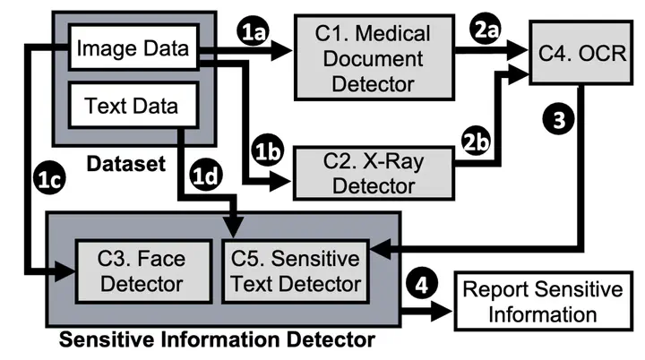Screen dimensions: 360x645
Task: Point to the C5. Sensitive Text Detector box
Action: coord(293,270)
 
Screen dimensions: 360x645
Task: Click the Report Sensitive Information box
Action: coord(541,301)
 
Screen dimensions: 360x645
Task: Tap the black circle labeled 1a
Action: coord(254,32)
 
